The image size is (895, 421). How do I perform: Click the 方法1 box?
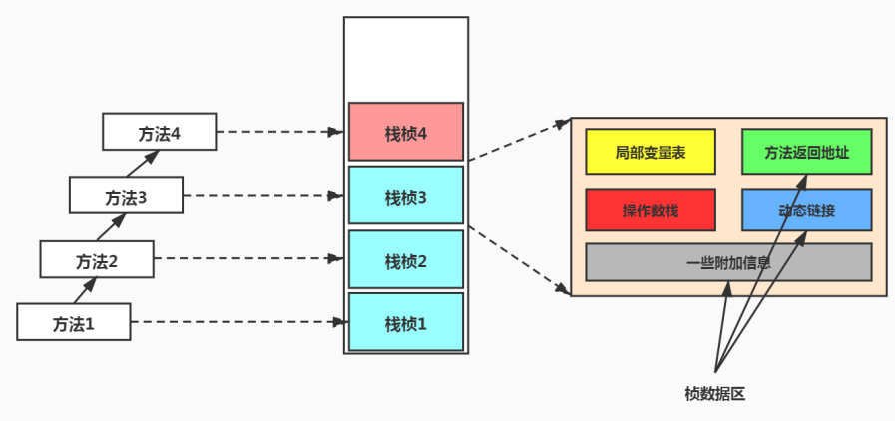click(x=74, y=322)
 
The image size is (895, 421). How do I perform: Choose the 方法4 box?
click(x=159, y=131)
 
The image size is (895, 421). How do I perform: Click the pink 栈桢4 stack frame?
click(x=405, y=132)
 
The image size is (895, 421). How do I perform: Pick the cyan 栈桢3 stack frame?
click(x=405, y=196)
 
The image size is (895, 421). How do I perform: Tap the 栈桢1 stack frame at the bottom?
click(x=405, y=322)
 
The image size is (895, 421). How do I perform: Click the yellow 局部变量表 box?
click(x=650, y=152)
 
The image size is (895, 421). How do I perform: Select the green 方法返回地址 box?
click(x=806, y=152)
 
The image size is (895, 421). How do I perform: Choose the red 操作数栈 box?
click(x=650, y=210)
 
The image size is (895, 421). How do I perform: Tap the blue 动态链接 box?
click(x=806, y=210)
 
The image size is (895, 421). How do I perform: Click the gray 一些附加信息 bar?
click(x=728, y=262)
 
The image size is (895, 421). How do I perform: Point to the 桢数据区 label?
click(x=714, y=393)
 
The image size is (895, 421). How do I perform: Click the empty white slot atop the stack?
click(x=405, y=58)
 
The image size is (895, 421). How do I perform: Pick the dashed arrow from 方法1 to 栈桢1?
click(x=234, y=322)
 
